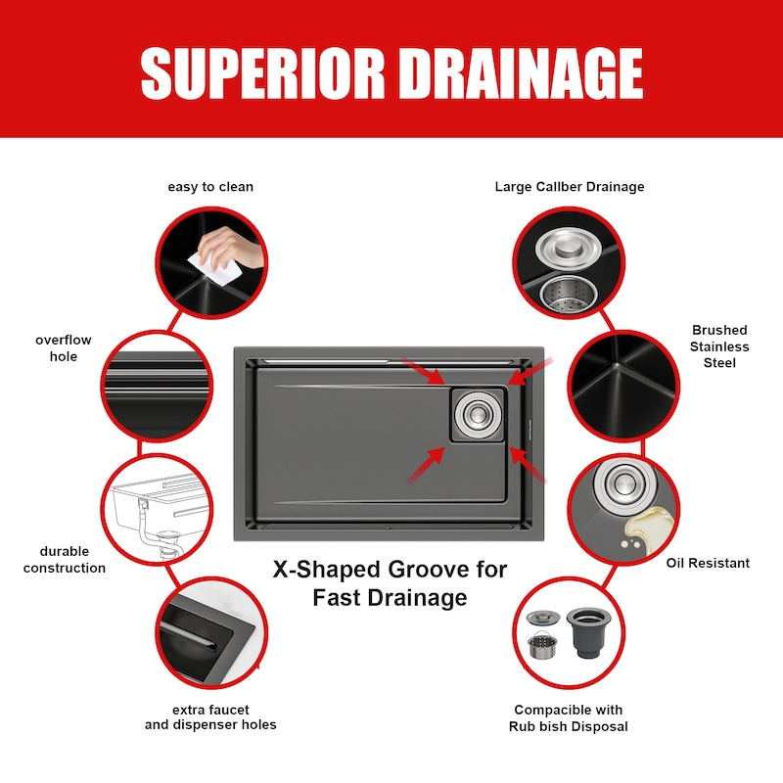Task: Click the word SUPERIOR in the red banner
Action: click(x=262, y=73)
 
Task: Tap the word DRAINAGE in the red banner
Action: click(x=521, y=73)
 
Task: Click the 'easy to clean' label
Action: click(x=210, y=187)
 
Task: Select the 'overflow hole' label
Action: click(x=64, y=348)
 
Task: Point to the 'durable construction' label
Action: click(x=65, y=559)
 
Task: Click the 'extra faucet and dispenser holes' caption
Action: click(x=210, y=717)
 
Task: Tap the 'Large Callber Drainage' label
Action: click(x=570, y=187)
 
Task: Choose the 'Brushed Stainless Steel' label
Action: click(x=719, y=346)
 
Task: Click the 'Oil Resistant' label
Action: click(x=708, y=563)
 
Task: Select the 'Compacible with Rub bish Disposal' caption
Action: click(x=569, y=717)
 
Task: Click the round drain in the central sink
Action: click(x=478, y=414)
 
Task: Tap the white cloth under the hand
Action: click(x=214, y=268)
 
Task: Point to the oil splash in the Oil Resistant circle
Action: click(x=645, y=529)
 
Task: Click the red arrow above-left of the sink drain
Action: click(x=423, y=371)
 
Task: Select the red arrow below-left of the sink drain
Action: click(x=426, y=465)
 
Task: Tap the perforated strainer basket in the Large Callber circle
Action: click(x=568, y=292)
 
